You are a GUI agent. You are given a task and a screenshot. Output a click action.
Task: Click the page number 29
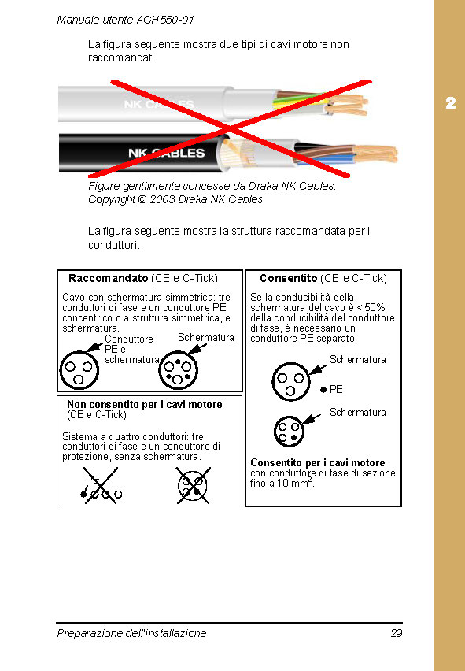tap(396, 633)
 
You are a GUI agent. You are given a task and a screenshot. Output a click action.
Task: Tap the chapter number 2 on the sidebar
tap(450, 103)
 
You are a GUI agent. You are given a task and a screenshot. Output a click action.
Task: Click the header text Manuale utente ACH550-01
tap(125, 19)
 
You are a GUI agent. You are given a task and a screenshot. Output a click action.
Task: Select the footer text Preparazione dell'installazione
tap(131, 633)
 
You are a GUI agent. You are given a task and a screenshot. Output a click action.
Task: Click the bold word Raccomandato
tap(108, 278)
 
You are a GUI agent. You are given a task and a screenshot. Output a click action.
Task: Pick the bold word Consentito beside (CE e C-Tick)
tap(288, 278)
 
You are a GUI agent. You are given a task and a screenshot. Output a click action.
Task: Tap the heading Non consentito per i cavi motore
tap(145, 404)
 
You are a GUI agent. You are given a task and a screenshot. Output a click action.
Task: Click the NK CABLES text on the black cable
tap(166, 153)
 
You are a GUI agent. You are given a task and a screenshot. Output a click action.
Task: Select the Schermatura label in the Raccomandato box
tap(206, 337)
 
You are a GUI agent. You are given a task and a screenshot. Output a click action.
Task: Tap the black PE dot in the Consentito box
tap(323, 390)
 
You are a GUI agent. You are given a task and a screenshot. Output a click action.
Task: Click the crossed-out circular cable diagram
tap(191, 487)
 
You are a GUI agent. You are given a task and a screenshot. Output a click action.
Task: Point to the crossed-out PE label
tap(93, 480)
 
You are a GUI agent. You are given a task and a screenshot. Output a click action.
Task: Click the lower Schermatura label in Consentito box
tap(358, 412)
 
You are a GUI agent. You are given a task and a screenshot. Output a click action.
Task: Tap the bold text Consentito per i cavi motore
tap(317, 462)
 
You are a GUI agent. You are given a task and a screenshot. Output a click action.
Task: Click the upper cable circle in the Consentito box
tap(290, 381)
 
